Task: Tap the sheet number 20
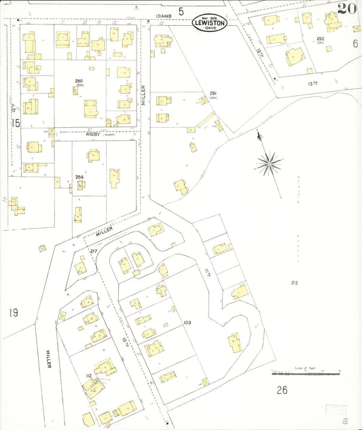coord(347,9)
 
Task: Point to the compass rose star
coord(270,163)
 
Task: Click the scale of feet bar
coord(306,373)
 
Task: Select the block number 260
coord(79,81)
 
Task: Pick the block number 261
coord(213,93)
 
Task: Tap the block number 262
coord(321,38)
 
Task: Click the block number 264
coord(79,178)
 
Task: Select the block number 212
coord(294,282)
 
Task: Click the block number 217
coord(94,252)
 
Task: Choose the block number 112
coord(88,376)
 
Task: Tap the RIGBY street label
coord(93,134)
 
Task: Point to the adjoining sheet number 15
coord(15,123)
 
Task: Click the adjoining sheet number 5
coord(181,11)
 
